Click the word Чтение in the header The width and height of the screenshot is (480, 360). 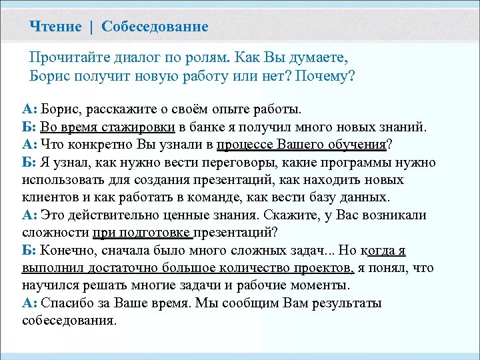click(x=57, y=27)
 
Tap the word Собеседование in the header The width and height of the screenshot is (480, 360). click(x=155, y=27)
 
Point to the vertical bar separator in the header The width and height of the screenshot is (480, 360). click(x=93, y=27)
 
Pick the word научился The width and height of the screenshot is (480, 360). click(x=51, y=285)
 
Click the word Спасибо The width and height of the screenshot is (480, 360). click(x=67, y=303)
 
